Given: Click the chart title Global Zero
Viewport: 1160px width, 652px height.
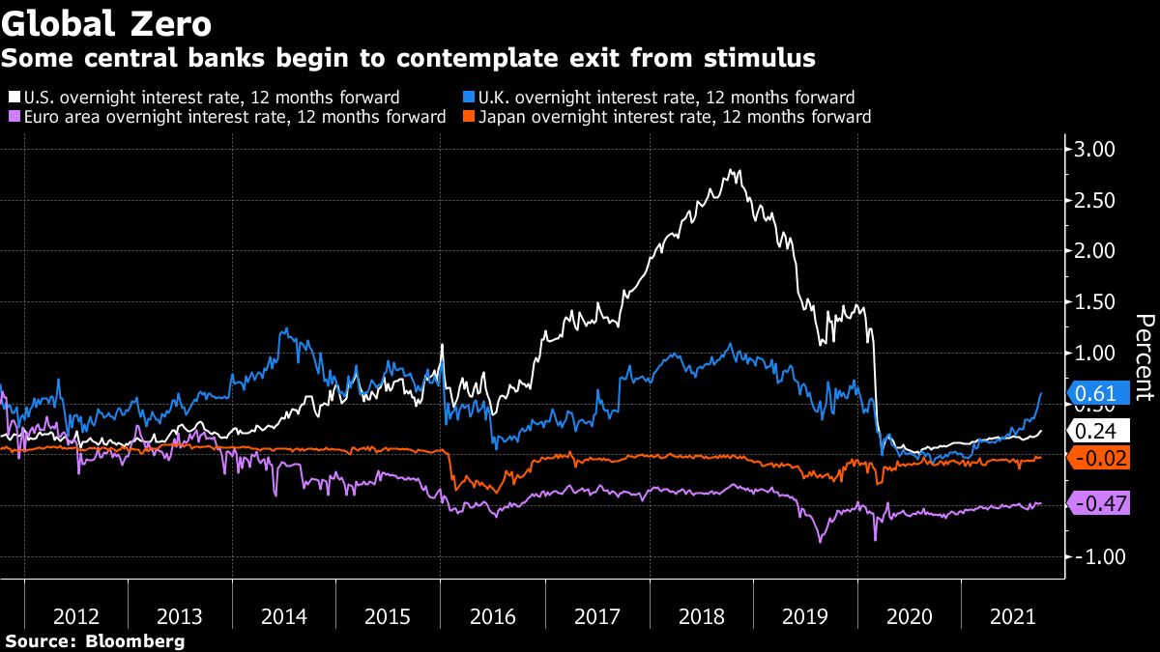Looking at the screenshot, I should coord(107,21).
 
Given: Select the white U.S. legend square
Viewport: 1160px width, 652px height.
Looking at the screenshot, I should coord(13,98).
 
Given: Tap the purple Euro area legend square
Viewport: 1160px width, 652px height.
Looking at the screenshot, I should coord(13,117).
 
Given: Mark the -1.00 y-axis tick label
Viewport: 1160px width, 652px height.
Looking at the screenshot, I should coord(1092,557).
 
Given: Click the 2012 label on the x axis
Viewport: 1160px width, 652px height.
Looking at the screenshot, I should coord(75,616).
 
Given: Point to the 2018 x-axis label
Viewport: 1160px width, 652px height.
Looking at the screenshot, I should coord(701,616).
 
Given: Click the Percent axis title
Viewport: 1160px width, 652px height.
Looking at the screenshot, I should coord(1144,356).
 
